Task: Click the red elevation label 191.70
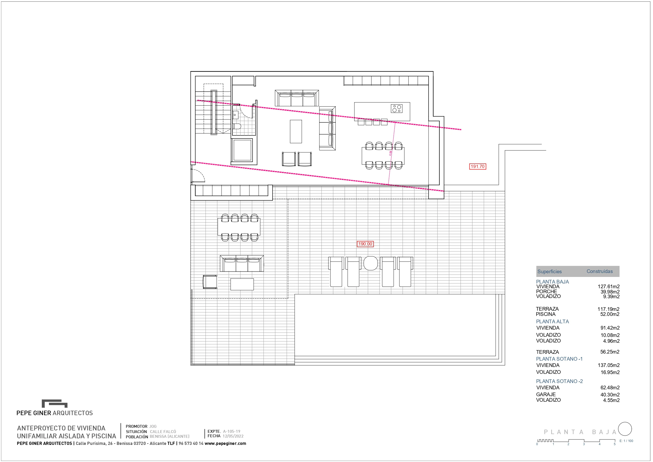tap(478, 167)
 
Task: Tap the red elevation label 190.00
tap(365, 244)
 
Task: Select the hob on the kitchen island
tap(397, 108)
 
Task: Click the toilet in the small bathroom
tap(237, 126)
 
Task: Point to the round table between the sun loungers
tap(371, 263)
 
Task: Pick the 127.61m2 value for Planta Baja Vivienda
tap(609, 287)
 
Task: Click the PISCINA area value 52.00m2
tap(610, 314)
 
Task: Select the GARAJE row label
tap(546, 394)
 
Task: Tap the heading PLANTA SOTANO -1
tap(559, 359)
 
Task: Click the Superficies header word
tap(550, 272)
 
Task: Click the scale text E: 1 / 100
tap(626, 441)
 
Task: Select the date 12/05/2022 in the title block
tap(233, 436)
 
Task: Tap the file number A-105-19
tap(232, 431)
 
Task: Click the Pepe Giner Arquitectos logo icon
tap(55, 403)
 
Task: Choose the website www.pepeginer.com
tap(225, 444)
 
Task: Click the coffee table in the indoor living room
tap(296, 132)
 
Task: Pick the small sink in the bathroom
tap(235, 115)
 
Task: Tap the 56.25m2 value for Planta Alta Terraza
tap(610, 352)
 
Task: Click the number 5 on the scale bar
tap(615, 444)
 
